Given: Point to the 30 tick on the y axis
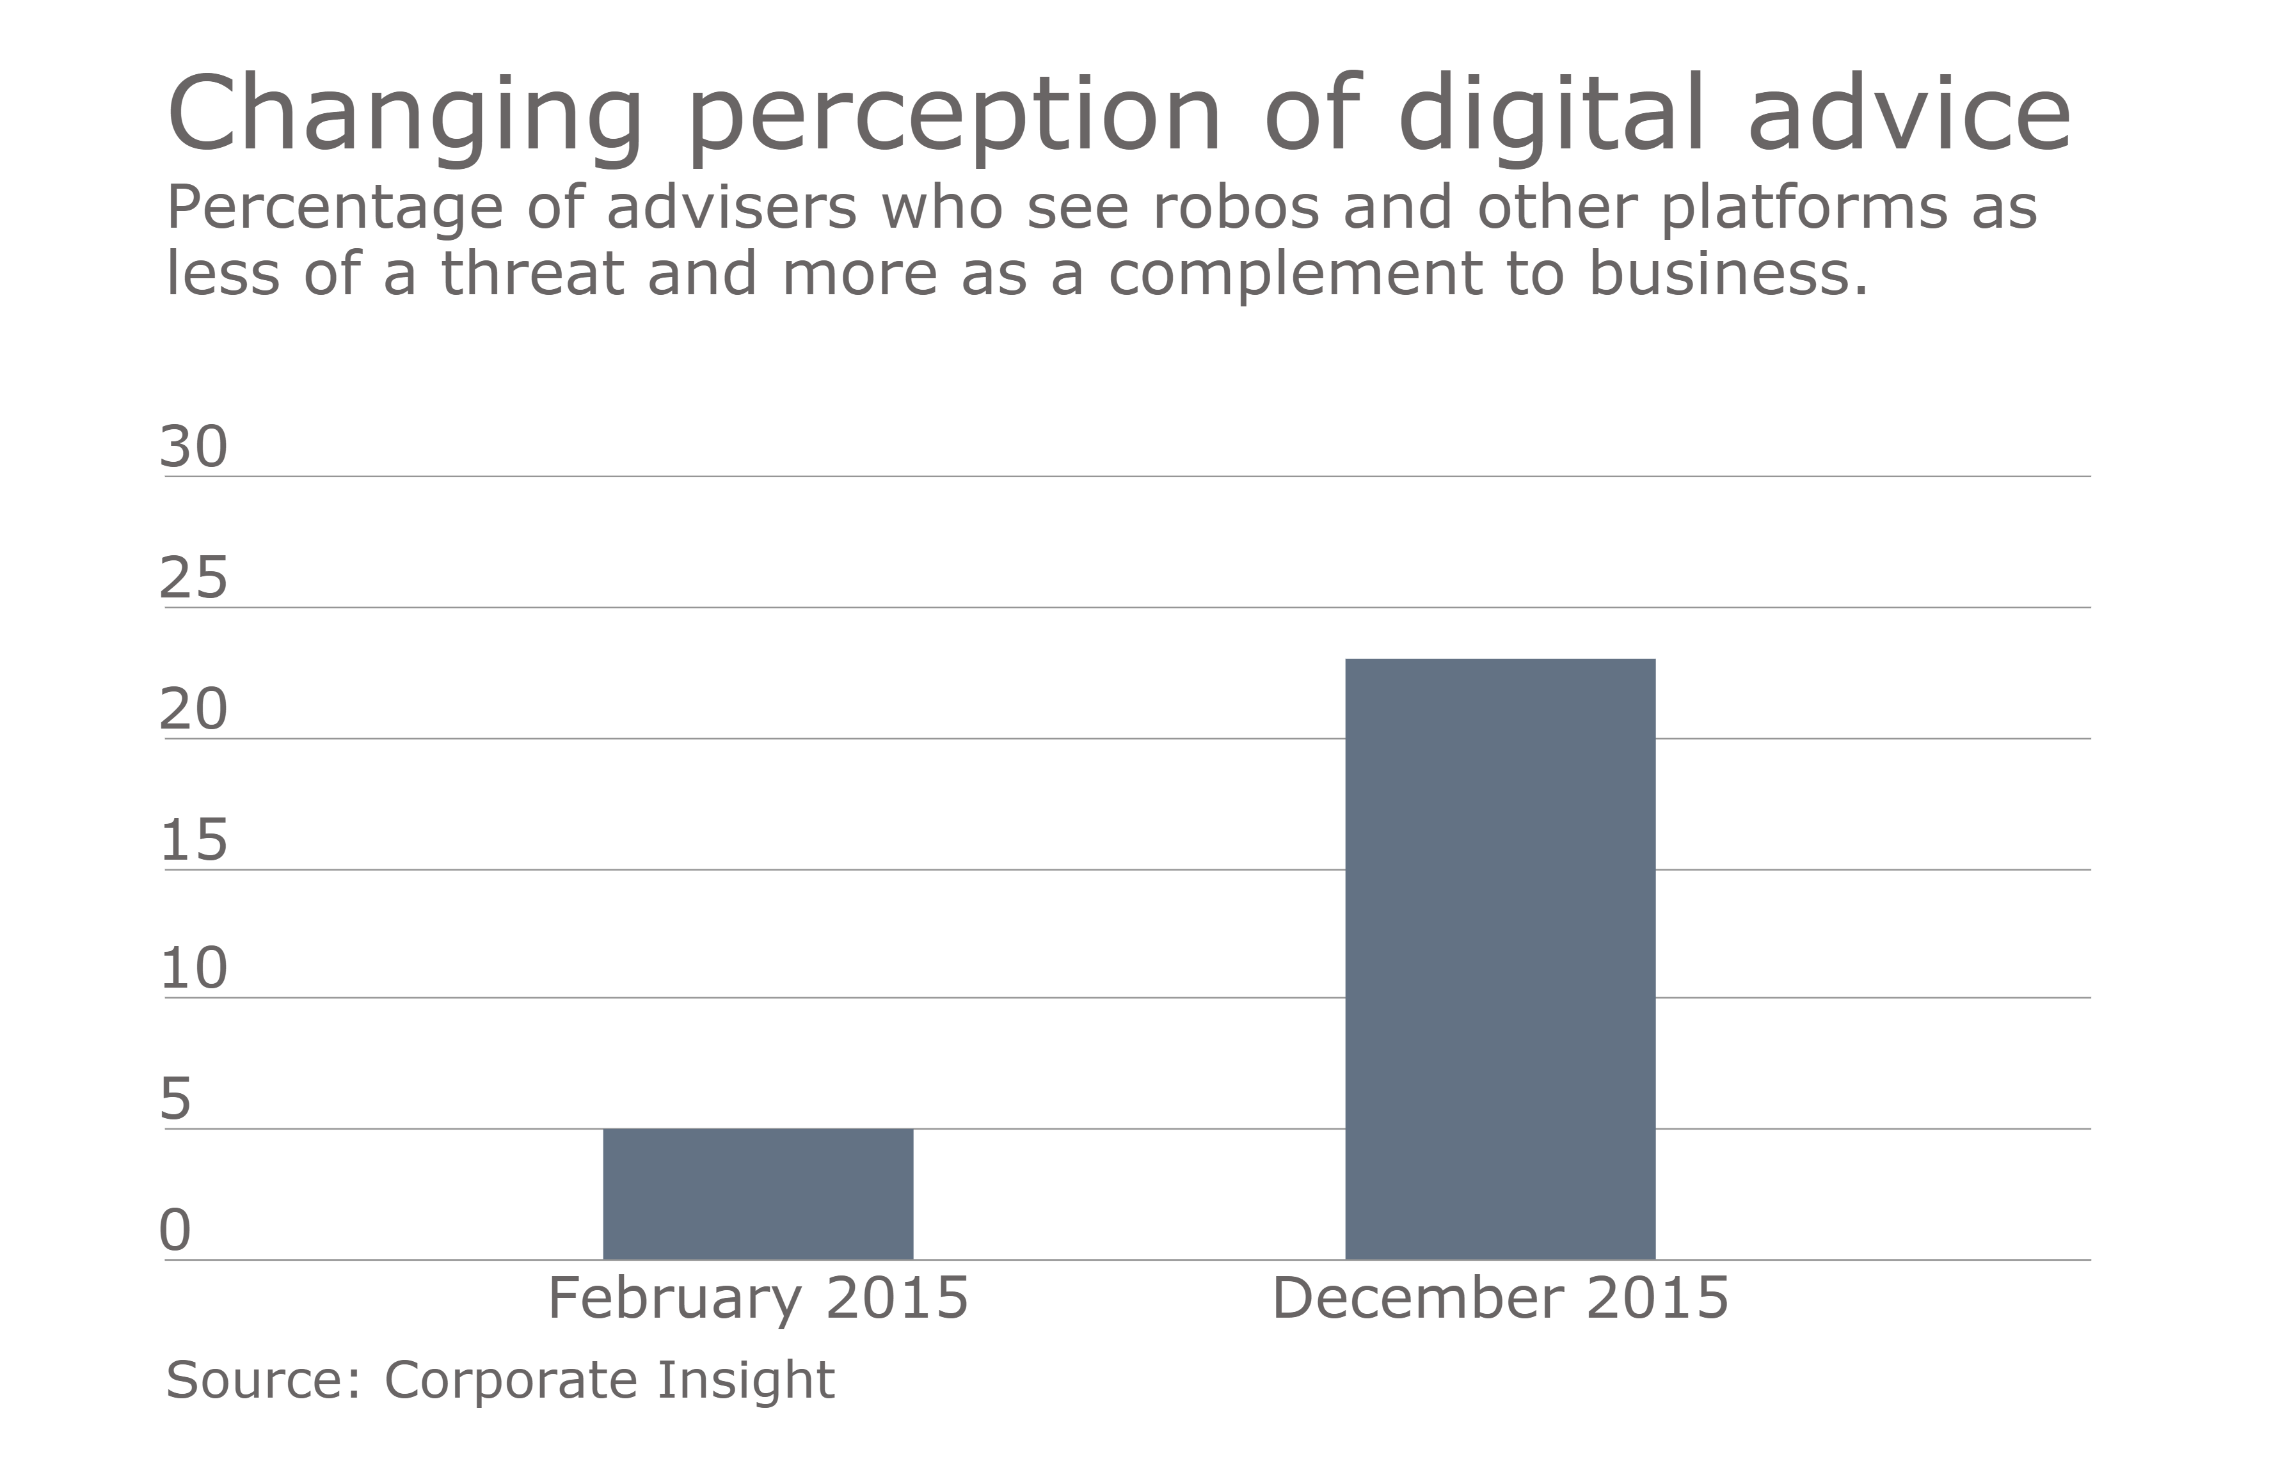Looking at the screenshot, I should pos(193,447).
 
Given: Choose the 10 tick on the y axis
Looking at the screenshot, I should pos(193,968).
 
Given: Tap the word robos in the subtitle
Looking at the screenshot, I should pos(1236,208).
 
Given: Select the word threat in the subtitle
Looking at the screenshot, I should pos(532,274).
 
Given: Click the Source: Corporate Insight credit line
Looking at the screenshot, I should pos(500,1380).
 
